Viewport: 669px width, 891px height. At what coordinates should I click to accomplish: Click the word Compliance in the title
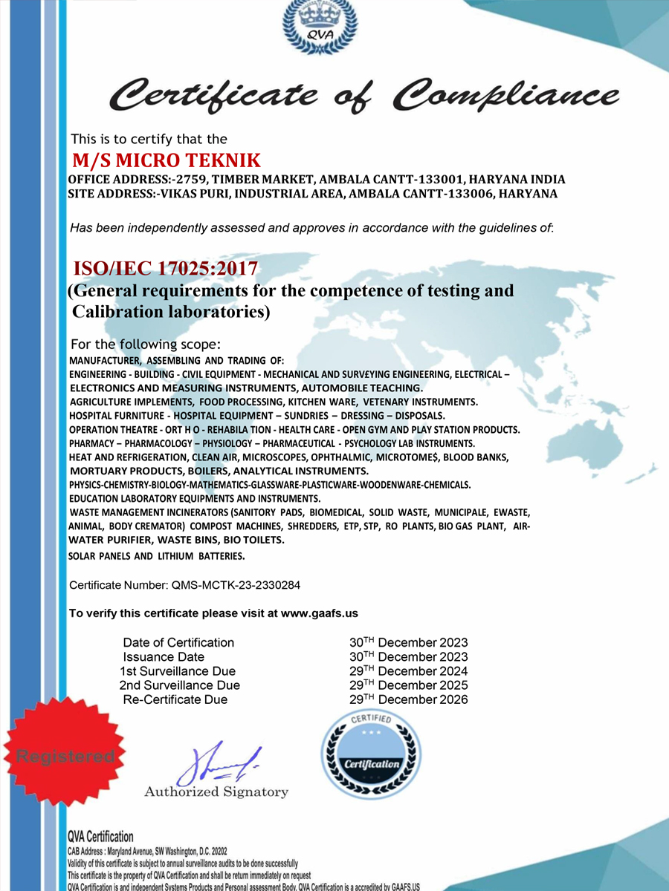point(505,94)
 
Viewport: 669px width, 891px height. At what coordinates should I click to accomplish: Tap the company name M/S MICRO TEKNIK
point(166,160)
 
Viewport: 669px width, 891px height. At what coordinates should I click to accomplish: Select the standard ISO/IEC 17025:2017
point(165,268)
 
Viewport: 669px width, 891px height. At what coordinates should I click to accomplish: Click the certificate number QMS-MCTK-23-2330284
point(235,585)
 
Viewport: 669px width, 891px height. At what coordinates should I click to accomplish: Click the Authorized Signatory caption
point(216,792)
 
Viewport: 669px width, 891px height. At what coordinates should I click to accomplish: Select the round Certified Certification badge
point(371,756)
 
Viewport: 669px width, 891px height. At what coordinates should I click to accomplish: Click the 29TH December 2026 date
point(408,699)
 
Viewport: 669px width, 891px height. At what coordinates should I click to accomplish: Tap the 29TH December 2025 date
point(408,685)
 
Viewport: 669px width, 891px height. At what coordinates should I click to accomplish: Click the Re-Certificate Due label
point(175,699)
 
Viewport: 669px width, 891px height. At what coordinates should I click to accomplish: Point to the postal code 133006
point(473,194)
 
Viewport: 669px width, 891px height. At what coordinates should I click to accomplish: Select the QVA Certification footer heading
point(100,838)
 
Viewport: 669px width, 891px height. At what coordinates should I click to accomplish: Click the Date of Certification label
point(178,643)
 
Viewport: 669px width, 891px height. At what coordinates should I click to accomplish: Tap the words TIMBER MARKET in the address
point(268,180)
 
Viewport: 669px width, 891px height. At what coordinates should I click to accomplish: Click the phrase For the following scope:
point(145,345)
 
